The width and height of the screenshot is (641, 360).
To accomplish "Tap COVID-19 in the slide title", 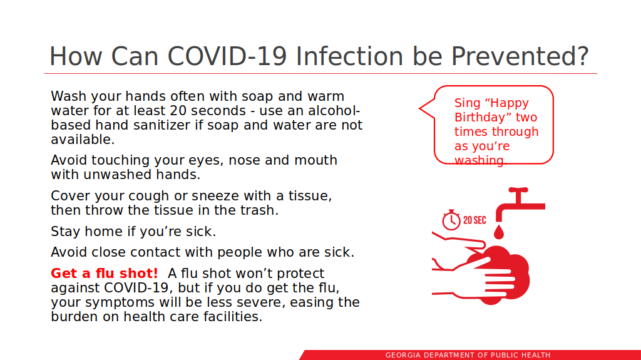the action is [x=227, y=56].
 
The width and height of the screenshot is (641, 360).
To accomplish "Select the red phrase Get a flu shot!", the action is [x=105, y=273].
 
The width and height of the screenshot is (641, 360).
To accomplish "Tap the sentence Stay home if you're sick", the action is [x=133, y=232].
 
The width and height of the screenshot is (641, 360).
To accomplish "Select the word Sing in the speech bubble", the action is [x=468, y=103].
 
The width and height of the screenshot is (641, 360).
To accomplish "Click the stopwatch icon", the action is [x=451, y=220].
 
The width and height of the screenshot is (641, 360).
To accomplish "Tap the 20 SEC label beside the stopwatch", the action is [x=474, y=220].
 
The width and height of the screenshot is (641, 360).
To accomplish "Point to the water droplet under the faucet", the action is [x=499, y=231].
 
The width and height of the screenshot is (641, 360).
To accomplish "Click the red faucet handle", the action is [x=518, y=190].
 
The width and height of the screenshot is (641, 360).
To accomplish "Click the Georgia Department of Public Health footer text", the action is [x=468, y=355].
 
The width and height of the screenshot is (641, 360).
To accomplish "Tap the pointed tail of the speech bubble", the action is [x=420, y=108].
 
